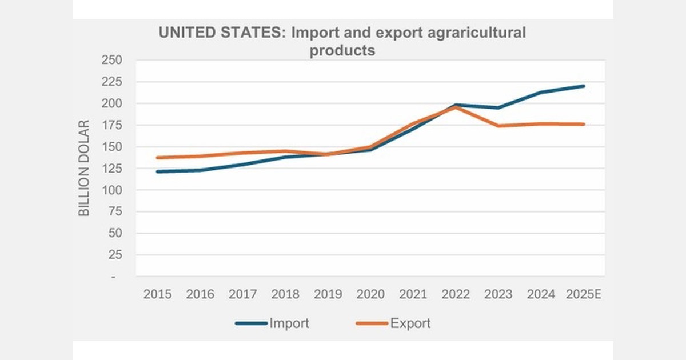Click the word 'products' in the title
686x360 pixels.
click(x=342, y=50)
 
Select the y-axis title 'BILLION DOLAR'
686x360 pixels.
click(x=84, y=168)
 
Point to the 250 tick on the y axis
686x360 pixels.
click(x=112, y=60)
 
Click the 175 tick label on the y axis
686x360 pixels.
click(x=112, y=125)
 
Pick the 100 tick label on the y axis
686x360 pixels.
click(x=112, y=190)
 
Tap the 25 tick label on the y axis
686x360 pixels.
click(x=116, y=255)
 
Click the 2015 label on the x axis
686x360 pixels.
click(x=157, y=294)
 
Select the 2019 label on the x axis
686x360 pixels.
click(x=328, y=294)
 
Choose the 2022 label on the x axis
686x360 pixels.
click(x=456, y=294)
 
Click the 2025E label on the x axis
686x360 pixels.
click(x=584, y=294)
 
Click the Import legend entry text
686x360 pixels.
click(x=289, y=323)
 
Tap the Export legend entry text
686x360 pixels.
click(x=410, y=323)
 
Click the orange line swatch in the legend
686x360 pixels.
click(x=372, y=323)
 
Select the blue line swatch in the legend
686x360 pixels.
click(x=251, y=323)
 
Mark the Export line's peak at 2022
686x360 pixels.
click(x=456, y=107)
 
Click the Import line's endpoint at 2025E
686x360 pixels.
click(x=584, y=86)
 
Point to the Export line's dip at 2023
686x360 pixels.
click(x=498, y=126)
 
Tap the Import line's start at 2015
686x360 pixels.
click(x=157, y=171)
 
